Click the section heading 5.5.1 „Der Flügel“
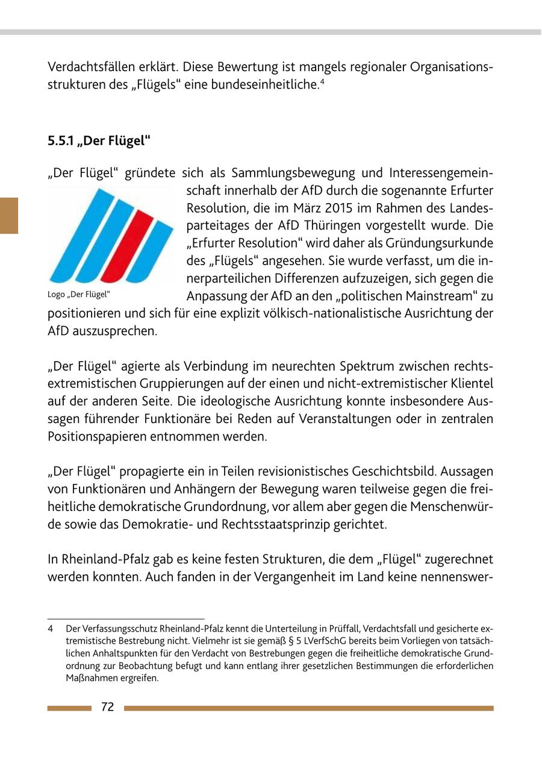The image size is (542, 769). (x=99, y=141)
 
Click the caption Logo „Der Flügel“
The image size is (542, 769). (x=79, y=295)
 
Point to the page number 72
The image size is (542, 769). (x=108, y=708)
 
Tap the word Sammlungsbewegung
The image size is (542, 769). (x=281, y=174)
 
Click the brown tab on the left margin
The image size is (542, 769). (x=9, y=215)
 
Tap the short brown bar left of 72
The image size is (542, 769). (x=69, y=708)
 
